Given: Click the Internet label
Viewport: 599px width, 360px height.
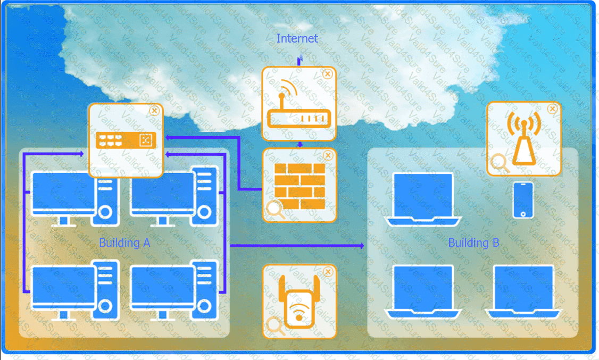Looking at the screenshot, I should click(297, 38).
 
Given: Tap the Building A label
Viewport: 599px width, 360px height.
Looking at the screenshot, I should click(124, 243).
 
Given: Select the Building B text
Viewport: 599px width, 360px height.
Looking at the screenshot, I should click(473, 243).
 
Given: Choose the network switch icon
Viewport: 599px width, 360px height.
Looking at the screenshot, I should click(126, 140).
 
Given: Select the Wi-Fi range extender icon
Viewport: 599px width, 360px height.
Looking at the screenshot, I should click(299, 302).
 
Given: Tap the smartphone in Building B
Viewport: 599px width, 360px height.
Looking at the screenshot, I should click(523, 200).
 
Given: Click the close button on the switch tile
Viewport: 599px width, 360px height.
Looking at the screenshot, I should click(154, 111).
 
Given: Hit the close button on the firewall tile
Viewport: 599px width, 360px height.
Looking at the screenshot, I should click(328, 155).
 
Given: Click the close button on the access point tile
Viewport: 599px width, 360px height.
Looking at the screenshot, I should click(552, 108).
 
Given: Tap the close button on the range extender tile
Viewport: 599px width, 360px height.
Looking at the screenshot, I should click(328, 272).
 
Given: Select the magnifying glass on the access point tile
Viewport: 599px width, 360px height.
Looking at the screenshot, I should click(499, 163).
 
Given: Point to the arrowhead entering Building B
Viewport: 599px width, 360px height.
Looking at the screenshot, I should click(362, 246).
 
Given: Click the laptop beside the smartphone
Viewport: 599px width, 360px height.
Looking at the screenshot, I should click(423, 197).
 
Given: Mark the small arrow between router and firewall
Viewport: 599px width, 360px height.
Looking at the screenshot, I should click(299, 144).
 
